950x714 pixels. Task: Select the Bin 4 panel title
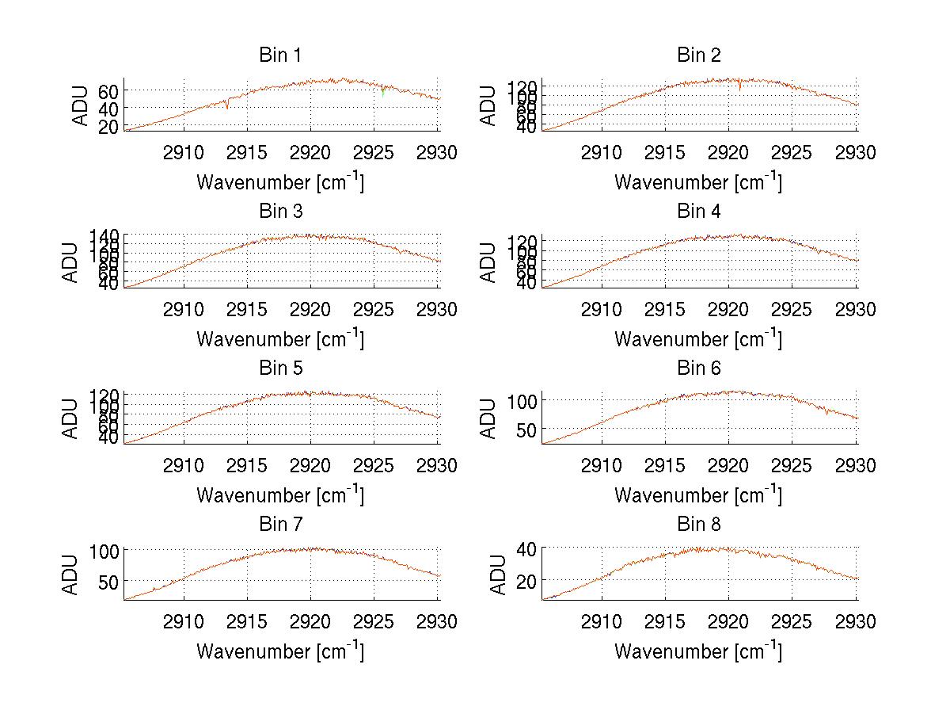pyautogui.click(x=698, y=212)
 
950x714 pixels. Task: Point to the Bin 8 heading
pyautogui.click(x=698, y=525)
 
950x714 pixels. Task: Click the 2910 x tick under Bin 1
pyautogui.click(x=184, y=153)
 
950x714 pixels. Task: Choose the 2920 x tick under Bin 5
pyautogui.click(x=311, y=466)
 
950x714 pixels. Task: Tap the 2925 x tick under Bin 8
pyautogui.click(x=792, y=622)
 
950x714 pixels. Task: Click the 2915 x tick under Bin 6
pyautogui.click(x=665, y=466)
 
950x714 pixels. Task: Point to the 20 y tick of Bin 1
pyautogui.click(x=108, y=126)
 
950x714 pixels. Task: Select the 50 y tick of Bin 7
pyautogui.click(x=108, y=581)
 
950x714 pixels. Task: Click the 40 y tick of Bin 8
pyautogui.click(x=526, y=548)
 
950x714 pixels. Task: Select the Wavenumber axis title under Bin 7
pyautogui.click(x=280, y=651)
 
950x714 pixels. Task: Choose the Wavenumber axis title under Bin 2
pyautogui.click(x=698, y=182)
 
